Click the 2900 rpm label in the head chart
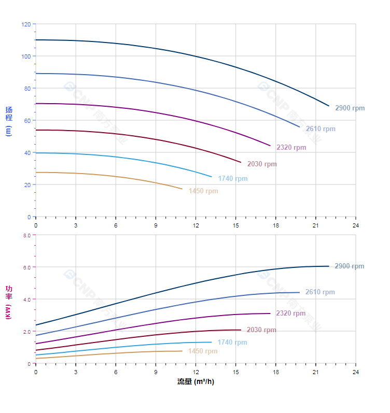coord(350,108)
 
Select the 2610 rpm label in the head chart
coord(321,129)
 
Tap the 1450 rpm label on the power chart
coord(203,351)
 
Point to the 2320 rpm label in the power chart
coord(291,314)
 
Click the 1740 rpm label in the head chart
coord(233,179)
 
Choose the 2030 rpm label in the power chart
coord(261,330)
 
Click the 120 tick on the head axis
coord(26,24)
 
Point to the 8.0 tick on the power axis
coord(26,235)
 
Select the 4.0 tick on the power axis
coord(26,300)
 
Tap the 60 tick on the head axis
coord(27,121)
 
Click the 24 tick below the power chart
coord(356,372)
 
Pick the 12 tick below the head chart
coord(196,225)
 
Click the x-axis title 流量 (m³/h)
coord(196,382)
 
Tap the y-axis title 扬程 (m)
coord(8,121)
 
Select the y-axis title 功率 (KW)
coord(8,302)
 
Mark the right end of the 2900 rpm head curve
coord(329,106)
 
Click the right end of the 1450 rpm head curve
coord(182,189)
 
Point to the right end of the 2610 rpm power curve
coord(299,292)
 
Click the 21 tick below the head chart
coord(315,225)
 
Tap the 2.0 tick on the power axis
coord(26,332)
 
